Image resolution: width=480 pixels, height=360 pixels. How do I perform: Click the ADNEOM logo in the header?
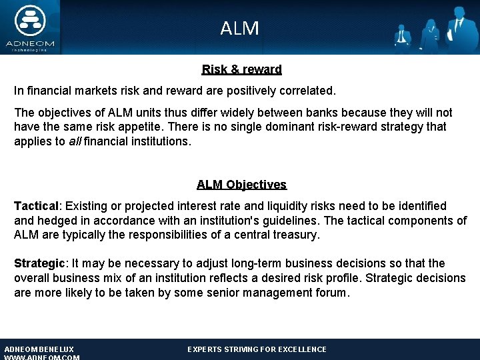(x=30, y=27)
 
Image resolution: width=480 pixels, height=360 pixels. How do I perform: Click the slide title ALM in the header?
(x=239, y=28)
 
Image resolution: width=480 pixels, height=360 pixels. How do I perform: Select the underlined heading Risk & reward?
(x=241, y=69)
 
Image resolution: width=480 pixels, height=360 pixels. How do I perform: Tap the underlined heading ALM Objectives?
(x=241, y=185)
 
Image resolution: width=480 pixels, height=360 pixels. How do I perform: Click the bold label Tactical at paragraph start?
(x=37, y=206)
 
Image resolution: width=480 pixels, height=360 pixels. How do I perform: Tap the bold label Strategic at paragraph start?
(x=39, y=263)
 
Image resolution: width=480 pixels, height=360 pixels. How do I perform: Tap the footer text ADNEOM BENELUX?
(x=39, y=349)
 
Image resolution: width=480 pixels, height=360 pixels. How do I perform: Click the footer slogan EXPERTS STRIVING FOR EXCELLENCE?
(x=257, y=349)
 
